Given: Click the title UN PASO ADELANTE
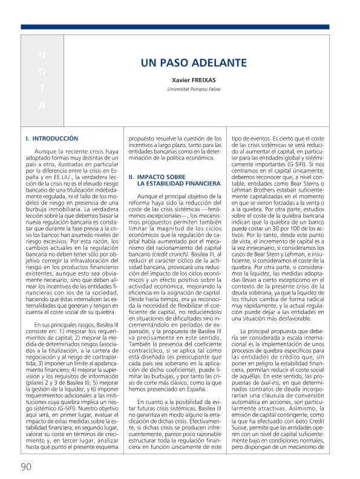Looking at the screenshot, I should click(194, 63).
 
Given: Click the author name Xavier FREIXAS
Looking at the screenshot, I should click(194, 79).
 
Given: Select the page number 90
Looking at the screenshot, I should click(25, 466).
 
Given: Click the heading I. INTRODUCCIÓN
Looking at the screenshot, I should click(52, 138).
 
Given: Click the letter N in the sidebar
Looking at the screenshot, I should click(42, 55).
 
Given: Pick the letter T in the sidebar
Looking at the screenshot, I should click(42, 88).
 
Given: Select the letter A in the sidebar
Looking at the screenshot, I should click(42, 105).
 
